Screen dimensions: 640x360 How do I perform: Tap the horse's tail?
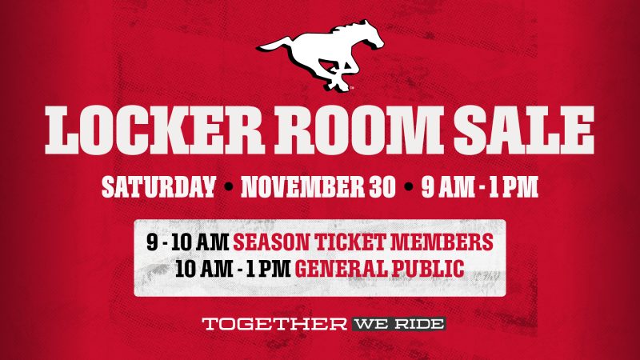pyautogui.click(x=274, y=46)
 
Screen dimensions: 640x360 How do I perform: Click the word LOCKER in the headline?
pyautogui.click(x=154, y=130)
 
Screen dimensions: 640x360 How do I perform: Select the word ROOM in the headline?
pyautogui.click(x=358, y=130)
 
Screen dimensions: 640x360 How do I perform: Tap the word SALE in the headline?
pyautogui.click(x=523, y=130)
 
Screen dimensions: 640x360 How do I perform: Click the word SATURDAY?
pyautogui.click(x=158, y=187)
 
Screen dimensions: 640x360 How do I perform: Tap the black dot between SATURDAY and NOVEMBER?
pyautogui.click(x=229, y=187)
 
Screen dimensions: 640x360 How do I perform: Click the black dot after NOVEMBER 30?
pyautogui.click(x=408, y=187)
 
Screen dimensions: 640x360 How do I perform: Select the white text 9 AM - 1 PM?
pyautogui.click(x=480, y=187)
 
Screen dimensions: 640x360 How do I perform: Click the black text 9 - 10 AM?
pyautogui.click(x=188, y=242)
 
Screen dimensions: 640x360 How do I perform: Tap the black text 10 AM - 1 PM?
pyautogui.click(x=233, y=269)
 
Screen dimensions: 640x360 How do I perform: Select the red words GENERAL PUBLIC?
pyautogui.click(x=379, y=269)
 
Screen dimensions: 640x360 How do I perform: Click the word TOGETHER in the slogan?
pyautogui.click(x=274, y=325)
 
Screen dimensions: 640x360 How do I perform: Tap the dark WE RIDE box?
pyautogui.click(x=398, y=325)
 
